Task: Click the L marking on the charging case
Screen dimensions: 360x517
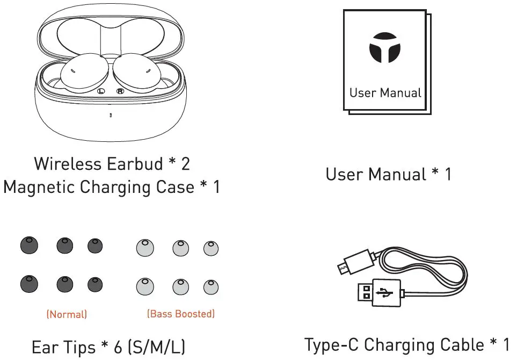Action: point(100,91)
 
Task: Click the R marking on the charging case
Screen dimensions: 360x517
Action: point(121,91)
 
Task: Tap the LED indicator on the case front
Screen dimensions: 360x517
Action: point(111,115)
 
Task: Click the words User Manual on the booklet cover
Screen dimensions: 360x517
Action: point(385,92)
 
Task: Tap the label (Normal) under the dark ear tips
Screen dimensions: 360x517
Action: point(67,314)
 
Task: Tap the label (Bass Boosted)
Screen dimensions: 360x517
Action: point(180,314)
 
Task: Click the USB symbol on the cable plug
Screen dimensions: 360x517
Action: point(385,293)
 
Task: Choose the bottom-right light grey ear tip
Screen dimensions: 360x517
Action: point(210,286)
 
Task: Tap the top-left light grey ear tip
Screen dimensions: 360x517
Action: point(144,247)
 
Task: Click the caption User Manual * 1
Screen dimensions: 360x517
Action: point(388,174)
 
